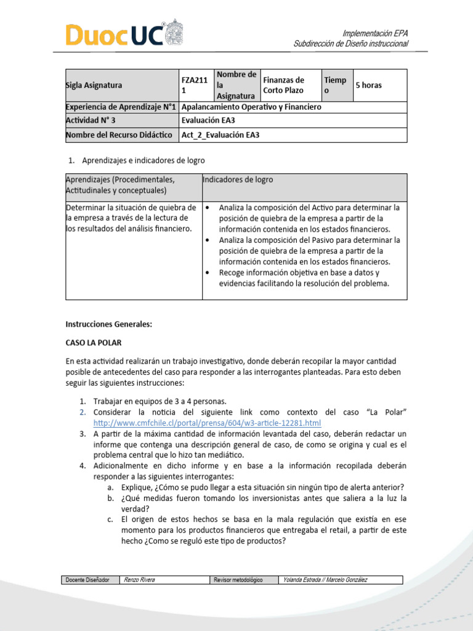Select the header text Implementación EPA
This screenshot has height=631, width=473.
375,33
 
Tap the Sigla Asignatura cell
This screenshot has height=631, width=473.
94,85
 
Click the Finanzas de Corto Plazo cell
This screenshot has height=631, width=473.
283,85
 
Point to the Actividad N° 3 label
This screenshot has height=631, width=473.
91,121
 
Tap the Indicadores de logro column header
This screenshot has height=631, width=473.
238,180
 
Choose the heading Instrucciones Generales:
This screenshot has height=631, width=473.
108,324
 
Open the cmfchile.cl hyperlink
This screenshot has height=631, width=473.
207,423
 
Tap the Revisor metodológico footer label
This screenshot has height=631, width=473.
238,580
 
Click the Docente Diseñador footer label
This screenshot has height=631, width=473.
89,580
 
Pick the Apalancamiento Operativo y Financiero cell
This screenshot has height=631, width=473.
252,107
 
